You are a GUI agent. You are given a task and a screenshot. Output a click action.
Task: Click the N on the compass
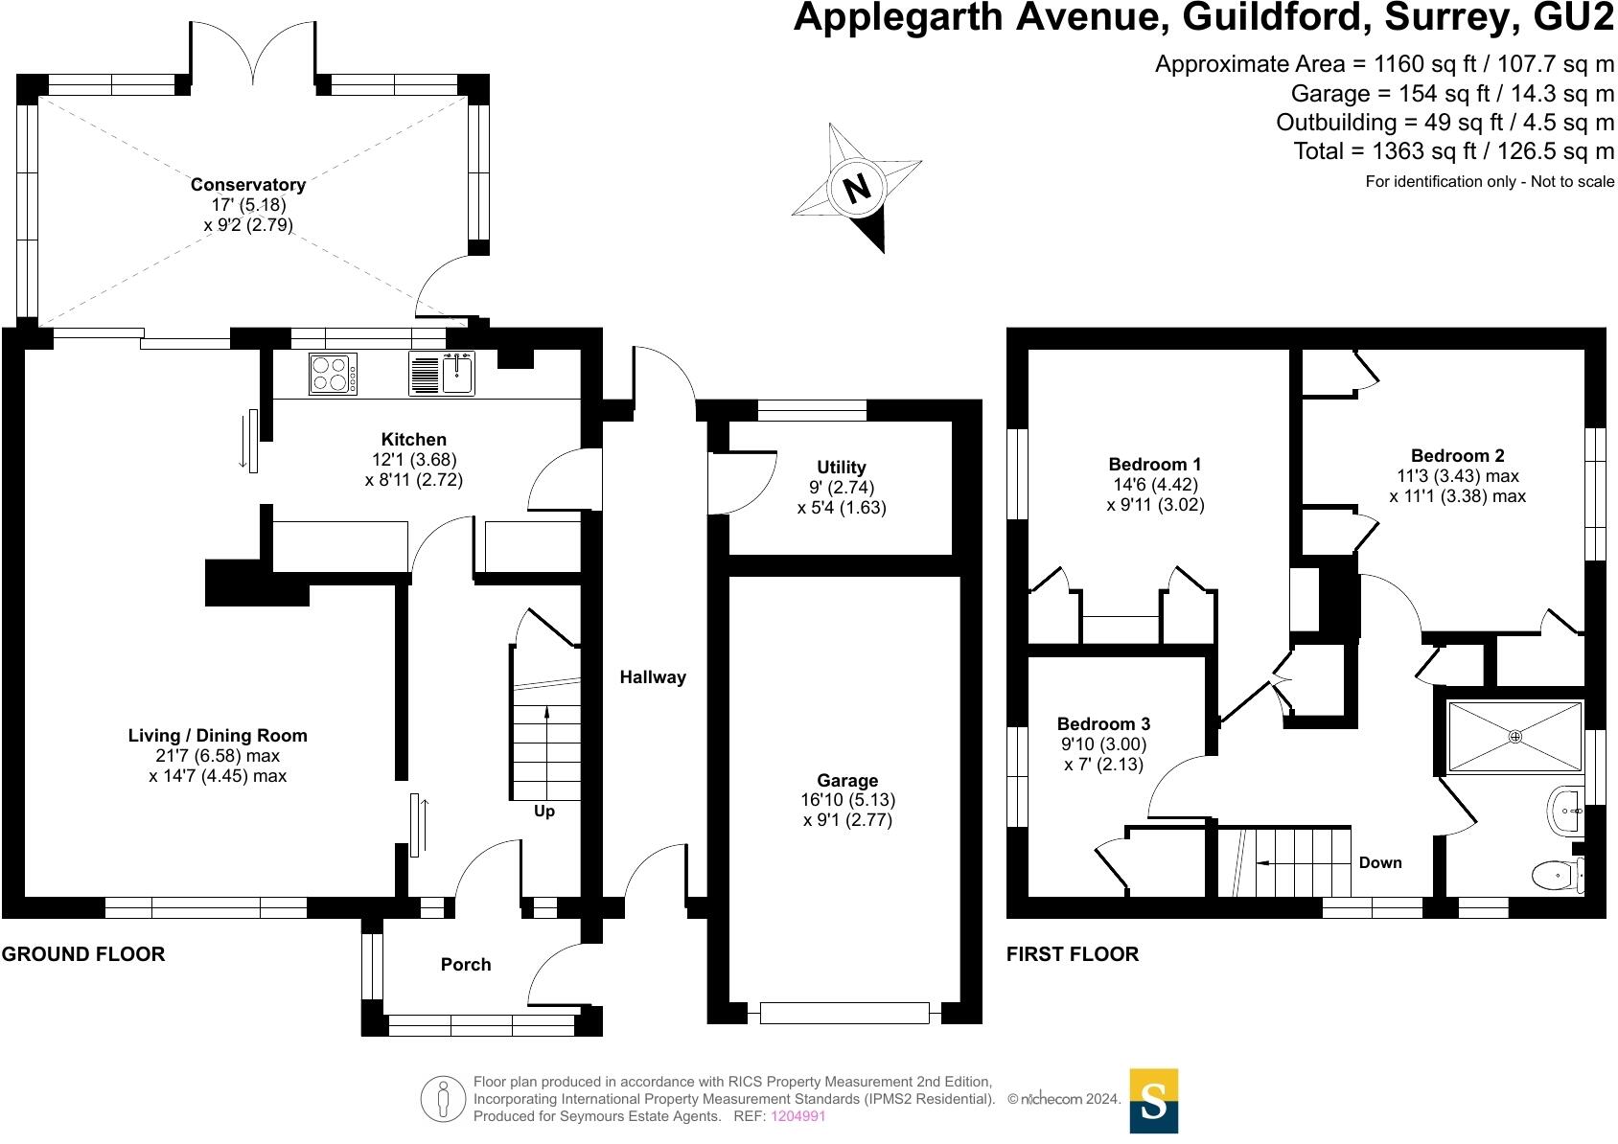coord(857,188)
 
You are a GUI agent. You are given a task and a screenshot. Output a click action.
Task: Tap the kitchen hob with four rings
coord(333,374)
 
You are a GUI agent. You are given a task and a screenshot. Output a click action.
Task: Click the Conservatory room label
coord(248,185)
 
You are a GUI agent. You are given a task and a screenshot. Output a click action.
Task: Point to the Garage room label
coord(847,781)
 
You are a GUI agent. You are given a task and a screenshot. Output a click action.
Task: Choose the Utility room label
coord(842,468)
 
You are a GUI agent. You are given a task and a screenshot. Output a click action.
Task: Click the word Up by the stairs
coord(544,812)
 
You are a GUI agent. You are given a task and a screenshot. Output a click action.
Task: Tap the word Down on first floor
coord(1380,863)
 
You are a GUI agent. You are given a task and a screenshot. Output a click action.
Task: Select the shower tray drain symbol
coord(1515,736)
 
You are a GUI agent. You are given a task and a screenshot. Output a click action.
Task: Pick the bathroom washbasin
coord(1566,812)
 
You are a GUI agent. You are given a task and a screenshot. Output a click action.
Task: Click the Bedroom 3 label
coord(1103,724)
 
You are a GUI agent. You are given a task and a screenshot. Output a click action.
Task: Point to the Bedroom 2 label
coord(1457,456)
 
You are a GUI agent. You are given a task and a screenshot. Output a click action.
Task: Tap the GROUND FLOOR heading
coord(83,954)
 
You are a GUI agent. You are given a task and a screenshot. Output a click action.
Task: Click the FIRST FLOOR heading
coord(1073,954)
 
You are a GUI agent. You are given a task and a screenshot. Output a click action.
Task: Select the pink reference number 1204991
coord(798,1116)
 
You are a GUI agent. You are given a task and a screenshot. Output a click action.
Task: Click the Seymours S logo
coord(1154,1102)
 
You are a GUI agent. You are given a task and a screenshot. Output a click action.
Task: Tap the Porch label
coord(466,965)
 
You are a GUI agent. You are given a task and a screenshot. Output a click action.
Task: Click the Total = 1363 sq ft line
coord(1453,151)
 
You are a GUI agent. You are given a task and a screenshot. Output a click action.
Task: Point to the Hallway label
coord(653,677)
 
